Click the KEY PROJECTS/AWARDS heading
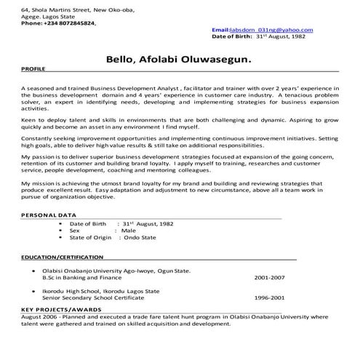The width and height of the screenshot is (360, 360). (59, 310)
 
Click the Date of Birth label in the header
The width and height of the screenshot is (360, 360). (230, 35)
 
